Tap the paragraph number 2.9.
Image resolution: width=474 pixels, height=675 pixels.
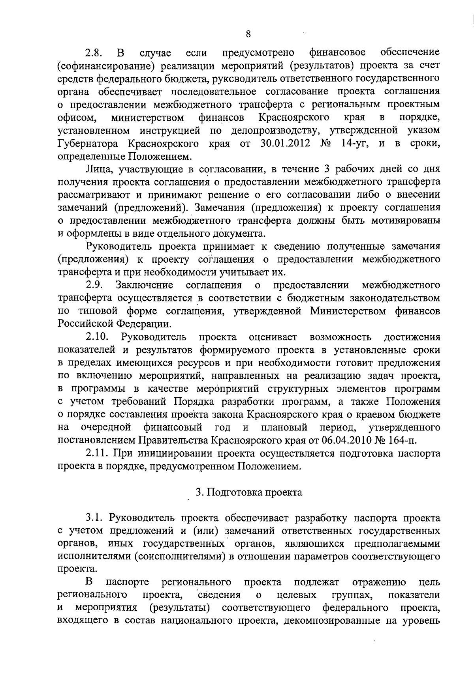point(95,285)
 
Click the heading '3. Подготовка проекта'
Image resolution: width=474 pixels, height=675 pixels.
point(249,492)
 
